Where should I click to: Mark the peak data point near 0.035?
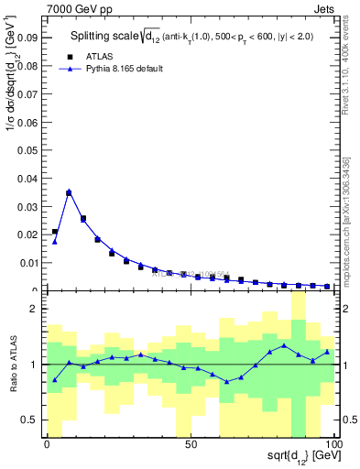(x=69, y=192)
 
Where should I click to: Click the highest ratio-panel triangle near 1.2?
(x=285, y=345)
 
